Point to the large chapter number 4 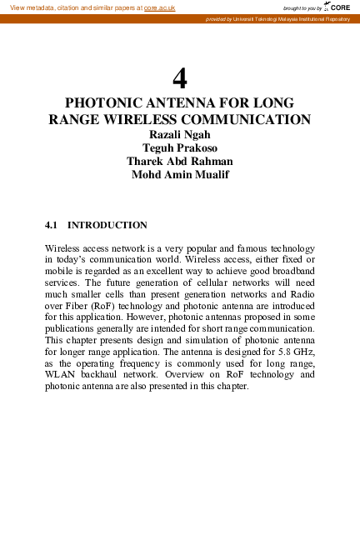179,79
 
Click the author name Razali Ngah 179,134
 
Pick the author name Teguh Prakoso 179,147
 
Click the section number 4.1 53,225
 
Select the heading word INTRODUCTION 107,225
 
